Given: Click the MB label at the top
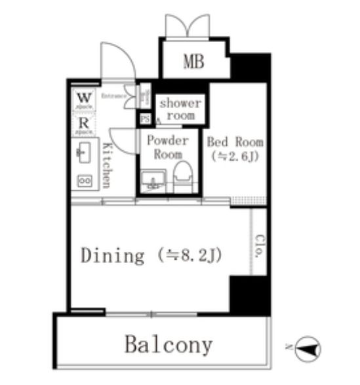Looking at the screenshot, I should point(193,62).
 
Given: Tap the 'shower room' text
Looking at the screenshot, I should point(181,109).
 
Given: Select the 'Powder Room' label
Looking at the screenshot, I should point(167,148).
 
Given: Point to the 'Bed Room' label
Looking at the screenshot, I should point(235,142).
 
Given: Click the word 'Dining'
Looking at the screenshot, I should point(112,255).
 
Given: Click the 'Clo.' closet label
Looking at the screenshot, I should point(259,246).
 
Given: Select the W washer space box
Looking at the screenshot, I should point(84,100).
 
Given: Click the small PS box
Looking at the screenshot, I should point(145,119).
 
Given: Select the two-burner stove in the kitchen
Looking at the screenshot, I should point(85,179).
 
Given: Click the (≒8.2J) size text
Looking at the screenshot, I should point(191,255).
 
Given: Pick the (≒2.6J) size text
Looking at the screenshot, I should point(235,157).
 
